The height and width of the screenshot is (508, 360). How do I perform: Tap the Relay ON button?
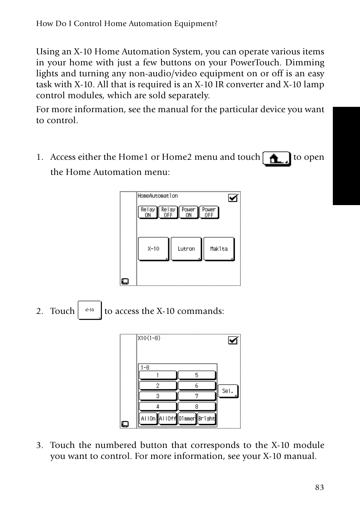tap(148, 212)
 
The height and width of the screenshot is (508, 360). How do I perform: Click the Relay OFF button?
tap(168, 212)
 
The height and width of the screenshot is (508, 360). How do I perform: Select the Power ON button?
tap(188, 212)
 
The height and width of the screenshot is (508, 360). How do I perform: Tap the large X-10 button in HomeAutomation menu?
tap(153, 249)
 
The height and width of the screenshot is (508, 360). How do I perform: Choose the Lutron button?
tap(186, 249)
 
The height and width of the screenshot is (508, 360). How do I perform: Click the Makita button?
tap(219, 249)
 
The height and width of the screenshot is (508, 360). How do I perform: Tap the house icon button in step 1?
tap(277, 159)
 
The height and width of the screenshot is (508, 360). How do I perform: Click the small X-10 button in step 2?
tap(89, 310)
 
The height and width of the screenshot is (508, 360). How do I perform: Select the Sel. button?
tap(228, 391)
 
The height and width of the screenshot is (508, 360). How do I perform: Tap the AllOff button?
tap(168, 418)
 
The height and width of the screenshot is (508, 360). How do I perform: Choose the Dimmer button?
tap(187, 418)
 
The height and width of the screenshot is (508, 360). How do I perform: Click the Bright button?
tap(207, 418)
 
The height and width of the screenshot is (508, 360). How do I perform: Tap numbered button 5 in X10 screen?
tap(197, 375)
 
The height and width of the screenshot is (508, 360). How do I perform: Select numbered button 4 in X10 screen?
tap(158, 406)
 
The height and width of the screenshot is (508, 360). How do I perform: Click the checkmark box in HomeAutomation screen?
tap(233, 198)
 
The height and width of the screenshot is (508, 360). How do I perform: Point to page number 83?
tap(319, 487)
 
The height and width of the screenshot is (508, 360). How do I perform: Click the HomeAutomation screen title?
tap(157, 196)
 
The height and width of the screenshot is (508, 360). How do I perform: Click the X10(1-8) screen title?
tap(149, 338)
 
